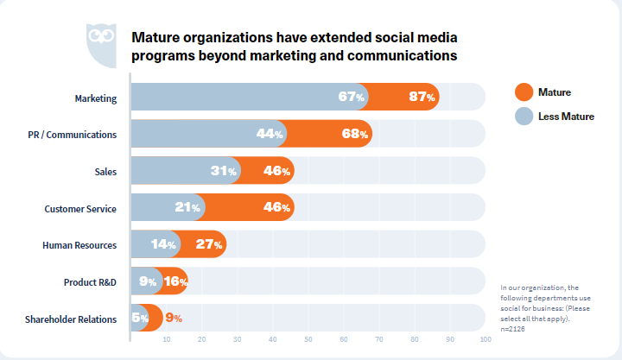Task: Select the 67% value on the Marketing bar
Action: (x=352, y=98)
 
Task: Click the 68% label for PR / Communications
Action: (x=355, y=134)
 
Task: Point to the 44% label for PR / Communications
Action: (x=270, y=134)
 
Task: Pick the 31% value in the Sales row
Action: (x=224, y=171)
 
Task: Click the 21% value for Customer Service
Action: (x=188, y=208)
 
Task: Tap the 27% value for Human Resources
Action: (x=210, y=245)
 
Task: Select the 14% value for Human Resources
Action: (x=163, y=245)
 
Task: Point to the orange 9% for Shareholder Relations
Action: (x=174, y=319)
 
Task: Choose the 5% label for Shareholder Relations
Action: (x=140, y=319)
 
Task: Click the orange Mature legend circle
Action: (x=524, y=92)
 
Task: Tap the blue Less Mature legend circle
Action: (x=524, y=117)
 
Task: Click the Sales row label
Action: (x=105, y=171)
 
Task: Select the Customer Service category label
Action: (x=80, y=208)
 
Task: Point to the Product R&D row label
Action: (x=90, y=282)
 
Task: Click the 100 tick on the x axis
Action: (x=485, y=340)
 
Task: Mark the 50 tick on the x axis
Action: (x=308, y=340)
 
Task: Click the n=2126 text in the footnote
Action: (x=513, y=329)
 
